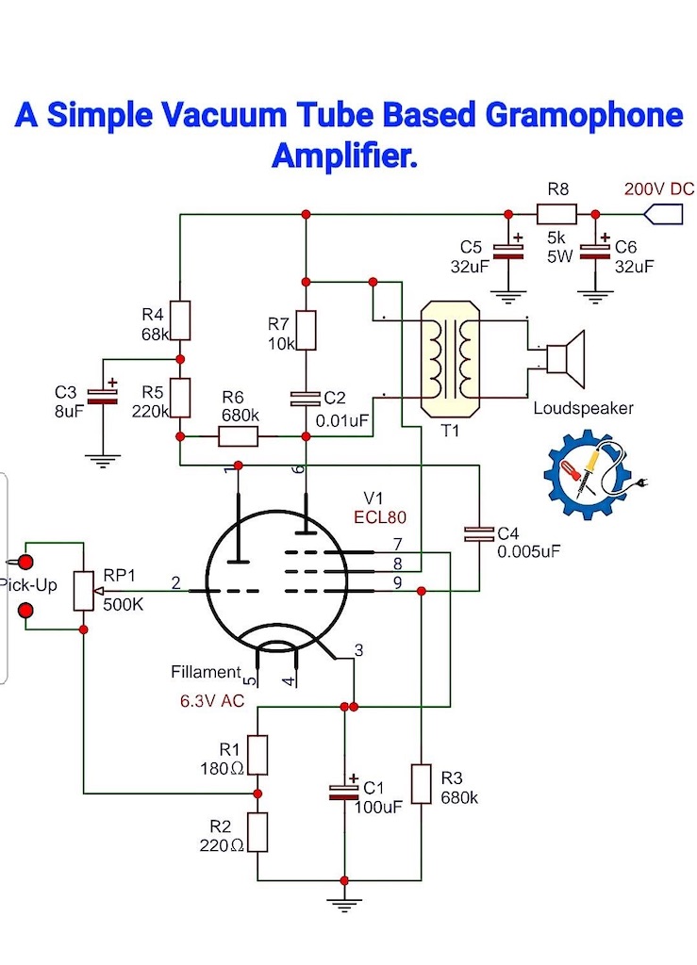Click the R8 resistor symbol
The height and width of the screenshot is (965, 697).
point(556,214)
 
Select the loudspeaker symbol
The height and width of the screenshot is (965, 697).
point(565,352)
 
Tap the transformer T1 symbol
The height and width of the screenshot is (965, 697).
point(450,357)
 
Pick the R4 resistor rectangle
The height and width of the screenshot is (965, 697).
point(180,320)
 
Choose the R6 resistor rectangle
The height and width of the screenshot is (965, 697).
point(239,436)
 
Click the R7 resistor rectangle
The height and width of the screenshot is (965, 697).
point(306,331)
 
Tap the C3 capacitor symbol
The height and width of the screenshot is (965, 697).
point(103,396)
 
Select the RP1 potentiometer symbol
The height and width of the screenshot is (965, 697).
point(84,591)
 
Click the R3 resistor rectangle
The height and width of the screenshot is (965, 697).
point(422,783)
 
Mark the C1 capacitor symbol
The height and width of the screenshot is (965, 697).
point(344,792)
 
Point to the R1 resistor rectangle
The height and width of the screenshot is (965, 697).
point(257,755)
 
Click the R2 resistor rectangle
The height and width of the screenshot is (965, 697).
point(257,832)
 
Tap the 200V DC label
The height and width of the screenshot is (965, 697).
point(659,188)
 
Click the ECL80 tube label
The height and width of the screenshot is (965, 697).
point(380,517)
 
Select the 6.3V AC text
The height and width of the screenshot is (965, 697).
point(212,701)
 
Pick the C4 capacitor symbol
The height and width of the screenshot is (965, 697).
point(479,534)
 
